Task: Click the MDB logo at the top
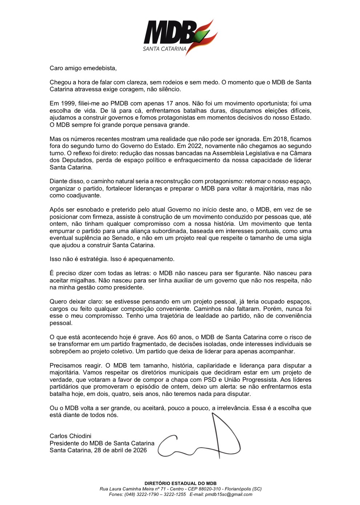(180, 36)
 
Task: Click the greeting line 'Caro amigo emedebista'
(83, 68)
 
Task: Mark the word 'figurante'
(244, 273)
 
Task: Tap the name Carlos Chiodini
(71, 436)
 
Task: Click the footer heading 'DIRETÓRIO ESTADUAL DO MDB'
(180, 484)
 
